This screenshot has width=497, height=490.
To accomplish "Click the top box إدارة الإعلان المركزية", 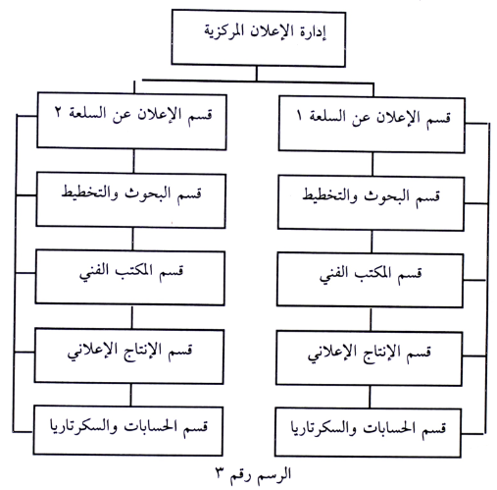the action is pyautogui.click(x=259, y=38).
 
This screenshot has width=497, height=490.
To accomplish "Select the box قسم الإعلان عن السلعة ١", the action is pyautogui.click(x=372, y=125).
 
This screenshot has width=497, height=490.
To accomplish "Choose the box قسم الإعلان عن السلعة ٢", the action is pyautogui.click(x=131, y=121).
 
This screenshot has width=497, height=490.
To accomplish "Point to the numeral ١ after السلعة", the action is pyautogui.click(x=299, y=116).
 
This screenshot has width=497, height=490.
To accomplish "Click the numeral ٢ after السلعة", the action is pyautogui.click(x=58, y=112).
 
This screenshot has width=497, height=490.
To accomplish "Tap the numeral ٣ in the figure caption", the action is pyautogui.click(x=220, y=474).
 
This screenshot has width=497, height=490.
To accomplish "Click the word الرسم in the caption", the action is pyautogui.click(x=274, y=474).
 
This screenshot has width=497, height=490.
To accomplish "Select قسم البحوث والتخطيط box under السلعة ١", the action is pyautogui.click(x=371, y=203).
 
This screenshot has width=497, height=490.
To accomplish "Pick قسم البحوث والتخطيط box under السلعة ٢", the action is pyautogui.click(x=131, y=200).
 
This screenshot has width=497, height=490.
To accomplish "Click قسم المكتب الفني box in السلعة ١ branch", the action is pyautogui.click(x=370, y=280).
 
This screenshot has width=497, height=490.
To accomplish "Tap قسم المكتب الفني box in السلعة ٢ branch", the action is pyautogui.click(x=130, y=278).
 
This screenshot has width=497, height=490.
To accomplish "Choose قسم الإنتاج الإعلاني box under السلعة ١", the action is pyautogui.click(x=370, y=358).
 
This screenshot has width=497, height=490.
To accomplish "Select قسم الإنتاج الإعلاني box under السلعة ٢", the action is pyautogui.click(x=129, y=356).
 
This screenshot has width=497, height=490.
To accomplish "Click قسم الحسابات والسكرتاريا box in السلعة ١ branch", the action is pyautogui.click(x=369, y=432).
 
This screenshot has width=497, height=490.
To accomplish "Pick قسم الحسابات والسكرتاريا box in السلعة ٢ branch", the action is pyautogui.click(x=128, y=430).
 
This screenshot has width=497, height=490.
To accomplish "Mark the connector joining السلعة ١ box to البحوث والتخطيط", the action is pyautogui.click(x=373, y=164).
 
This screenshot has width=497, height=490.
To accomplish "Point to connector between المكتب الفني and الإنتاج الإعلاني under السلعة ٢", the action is pyautogui.click(x=132, y=317).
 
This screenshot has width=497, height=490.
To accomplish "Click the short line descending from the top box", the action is pyautogui.click(x=257, y=74).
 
